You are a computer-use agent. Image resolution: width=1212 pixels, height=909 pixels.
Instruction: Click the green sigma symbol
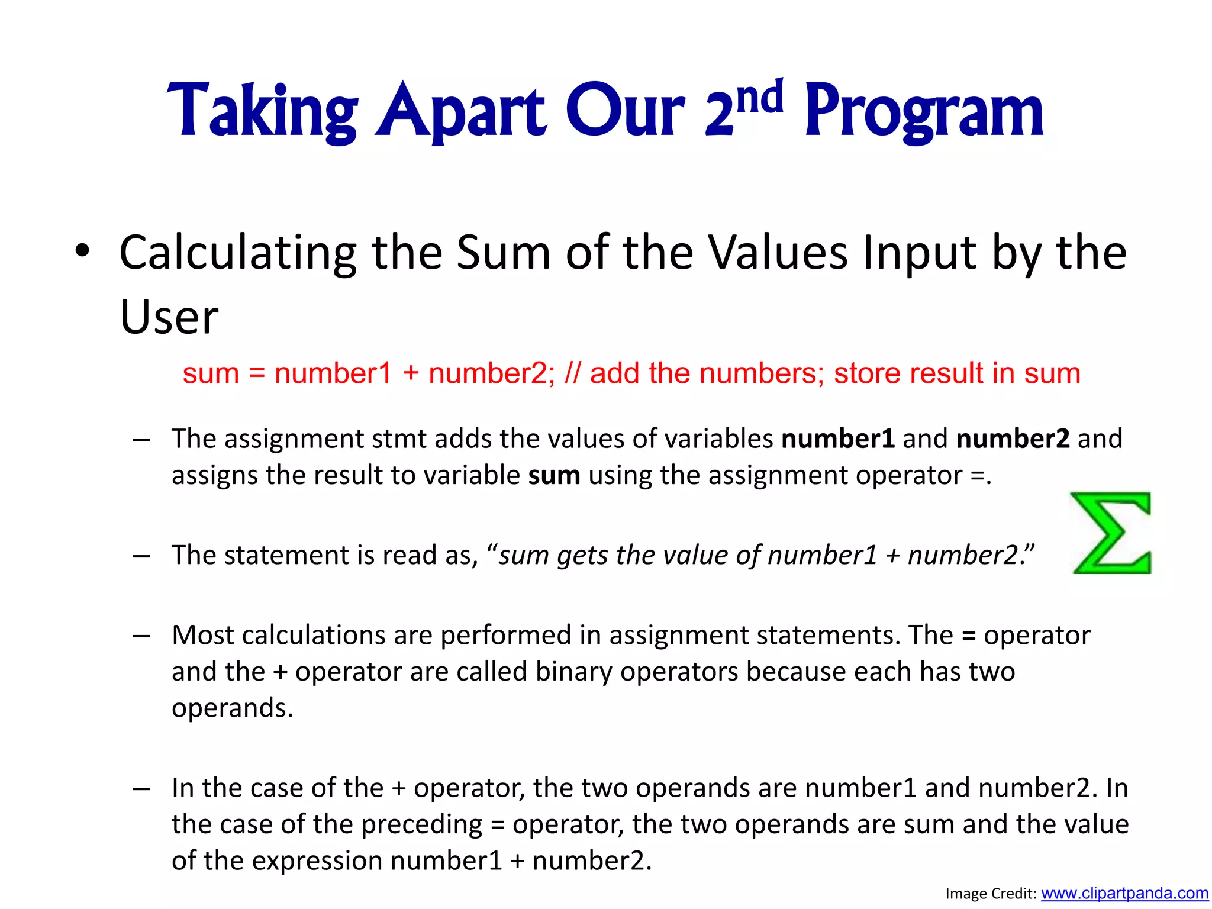[1111, 533]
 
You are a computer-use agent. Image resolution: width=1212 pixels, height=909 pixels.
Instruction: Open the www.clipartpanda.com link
[1124, 893]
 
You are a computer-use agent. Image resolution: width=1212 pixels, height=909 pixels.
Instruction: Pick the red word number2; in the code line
[492, 373]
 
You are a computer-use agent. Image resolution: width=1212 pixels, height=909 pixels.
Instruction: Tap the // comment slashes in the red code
[573, 373]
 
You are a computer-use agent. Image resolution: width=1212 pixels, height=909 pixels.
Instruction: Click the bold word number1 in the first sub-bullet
[837, 439]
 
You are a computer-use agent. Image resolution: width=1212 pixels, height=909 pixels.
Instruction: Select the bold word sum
[554, 476]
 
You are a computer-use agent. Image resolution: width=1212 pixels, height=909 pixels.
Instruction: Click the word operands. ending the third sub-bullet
[232, 708]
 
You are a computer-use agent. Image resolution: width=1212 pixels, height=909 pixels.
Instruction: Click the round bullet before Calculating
[82, 251]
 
